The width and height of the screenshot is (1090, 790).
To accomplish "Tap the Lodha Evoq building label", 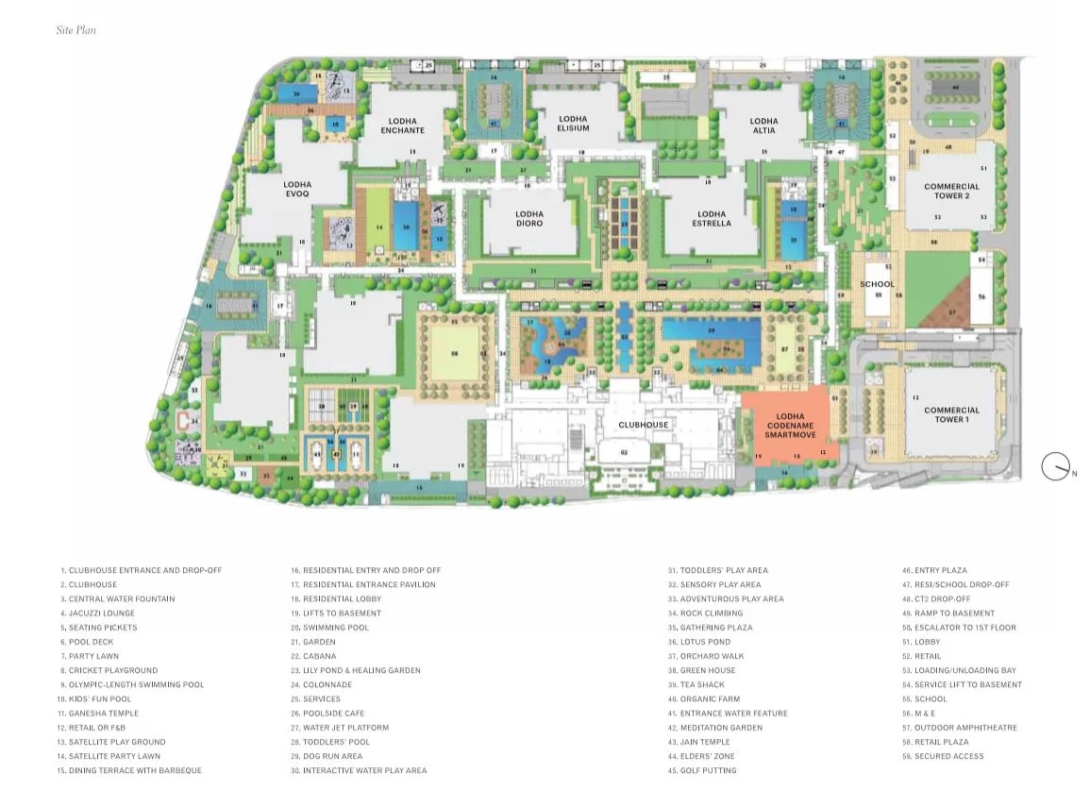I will [297, 189].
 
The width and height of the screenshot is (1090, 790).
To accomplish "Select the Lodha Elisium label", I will [573, 124].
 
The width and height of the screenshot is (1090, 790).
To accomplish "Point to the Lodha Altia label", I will [764, 126].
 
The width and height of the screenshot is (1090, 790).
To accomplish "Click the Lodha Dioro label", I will [529, 218].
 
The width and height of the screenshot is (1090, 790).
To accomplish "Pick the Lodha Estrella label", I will [712, 219].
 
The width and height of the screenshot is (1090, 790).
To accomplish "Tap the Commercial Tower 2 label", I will [951, 191].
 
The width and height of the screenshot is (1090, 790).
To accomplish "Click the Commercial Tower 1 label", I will [951, 414].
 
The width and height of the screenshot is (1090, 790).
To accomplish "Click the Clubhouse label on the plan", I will [643, 425].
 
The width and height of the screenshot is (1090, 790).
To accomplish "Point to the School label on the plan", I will [877, 284].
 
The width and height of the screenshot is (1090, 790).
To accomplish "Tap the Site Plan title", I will [75, 30].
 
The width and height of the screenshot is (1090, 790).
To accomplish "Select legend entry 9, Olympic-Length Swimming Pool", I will [135, 684].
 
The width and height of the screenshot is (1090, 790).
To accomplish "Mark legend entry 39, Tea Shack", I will [702, 684].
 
